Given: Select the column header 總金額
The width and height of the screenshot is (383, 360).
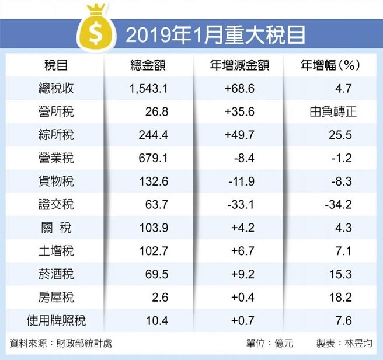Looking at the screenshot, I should pos(148,66).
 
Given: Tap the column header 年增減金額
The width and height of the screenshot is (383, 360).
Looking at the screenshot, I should pos(239,66).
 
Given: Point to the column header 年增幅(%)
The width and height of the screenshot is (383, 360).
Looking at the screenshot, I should pos(329,66).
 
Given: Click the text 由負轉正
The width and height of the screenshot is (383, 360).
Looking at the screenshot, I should pos(333,113).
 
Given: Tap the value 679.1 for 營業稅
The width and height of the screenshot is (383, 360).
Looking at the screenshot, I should pos(154,159).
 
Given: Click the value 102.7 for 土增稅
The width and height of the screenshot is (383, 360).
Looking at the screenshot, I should pos(154,251).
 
